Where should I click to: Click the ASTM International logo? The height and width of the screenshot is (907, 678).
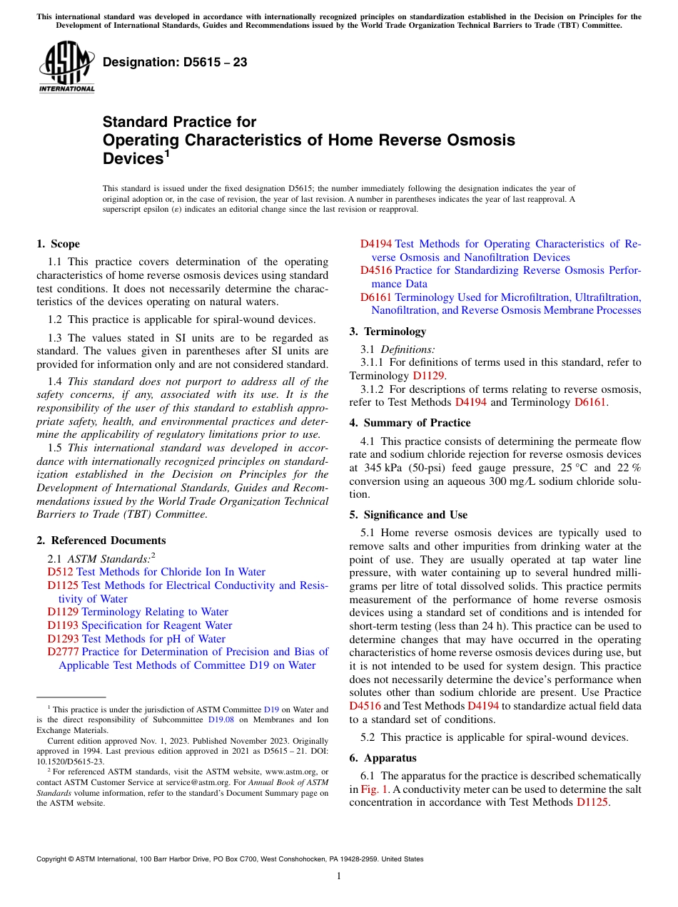[x=66, y=67]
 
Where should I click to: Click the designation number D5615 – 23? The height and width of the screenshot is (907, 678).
[x=175, y=62]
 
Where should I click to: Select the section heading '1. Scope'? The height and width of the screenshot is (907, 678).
[x=58, y=244]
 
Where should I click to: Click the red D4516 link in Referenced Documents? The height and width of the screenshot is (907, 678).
[x=375, y=270]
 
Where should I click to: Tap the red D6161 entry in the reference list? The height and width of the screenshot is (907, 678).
[x=375, y=297]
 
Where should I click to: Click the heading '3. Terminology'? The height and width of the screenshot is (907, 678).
[x=388, y=332]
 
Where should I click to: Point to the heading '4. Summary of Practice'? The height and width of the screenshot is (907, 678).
[x=410, y=423]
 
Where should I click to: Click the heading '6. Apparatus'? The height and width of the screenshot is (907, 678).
[x=383, y=758]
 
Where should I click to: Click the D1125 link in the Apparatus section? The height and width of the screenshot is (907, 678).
[x=592, y=802]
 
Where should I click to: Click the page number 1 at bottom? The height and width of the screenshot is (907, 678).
[x=339, y=876]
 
